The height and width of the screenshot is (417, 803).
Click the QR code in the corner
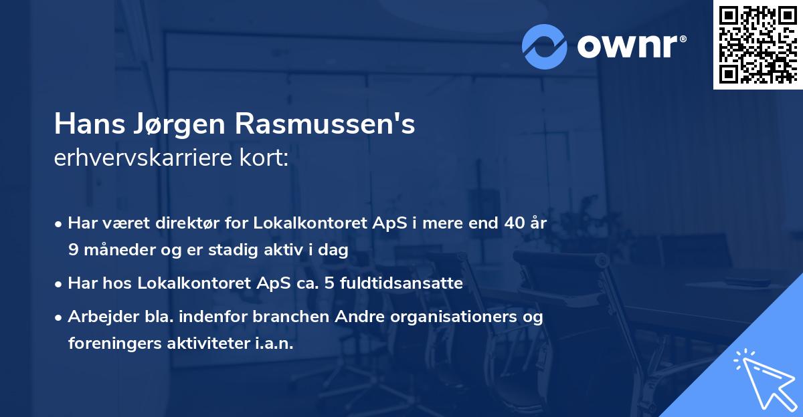pos(757,44)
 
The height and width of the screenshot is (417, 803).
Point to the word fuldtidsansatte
pos(396,283)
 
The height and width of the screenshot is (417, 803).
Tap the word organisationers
pos(440,317)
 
